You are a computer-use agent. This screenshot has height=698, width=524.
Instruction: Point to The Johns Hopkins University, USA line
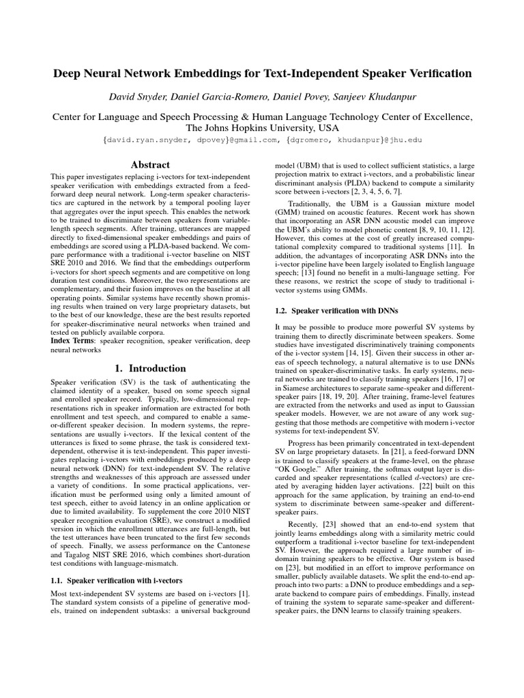tap(261, 127)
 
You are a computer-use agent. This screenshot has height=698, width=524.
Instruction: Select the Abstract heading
tap(151, 164)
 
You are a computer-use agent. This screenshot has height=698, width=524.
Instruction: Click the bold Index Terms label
tap(74, 339)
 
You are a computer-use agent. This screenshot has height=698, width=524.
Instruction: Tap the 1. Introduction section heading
tap(151, 368)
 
